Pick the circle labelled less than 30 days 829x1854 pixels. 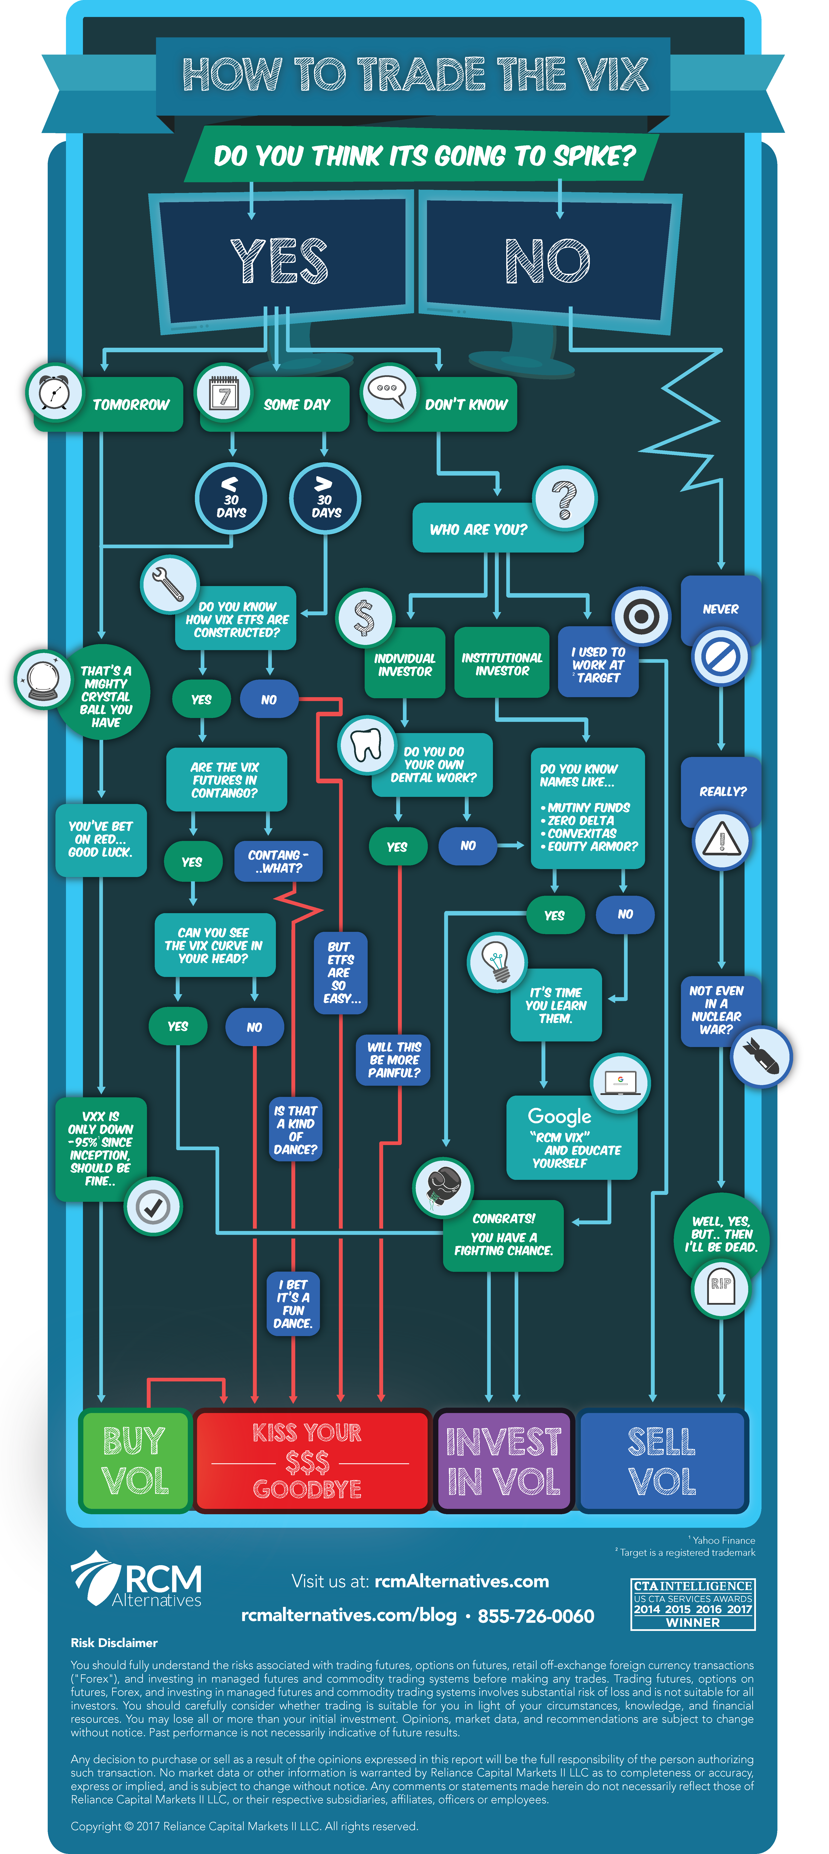coord(231,498)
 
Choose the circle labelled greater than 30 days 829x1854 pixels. coord(325,498)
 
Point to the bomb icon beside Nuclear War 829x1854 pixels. coord(761,1056)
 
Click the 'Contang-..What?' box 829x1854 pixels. coord(278,862)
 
